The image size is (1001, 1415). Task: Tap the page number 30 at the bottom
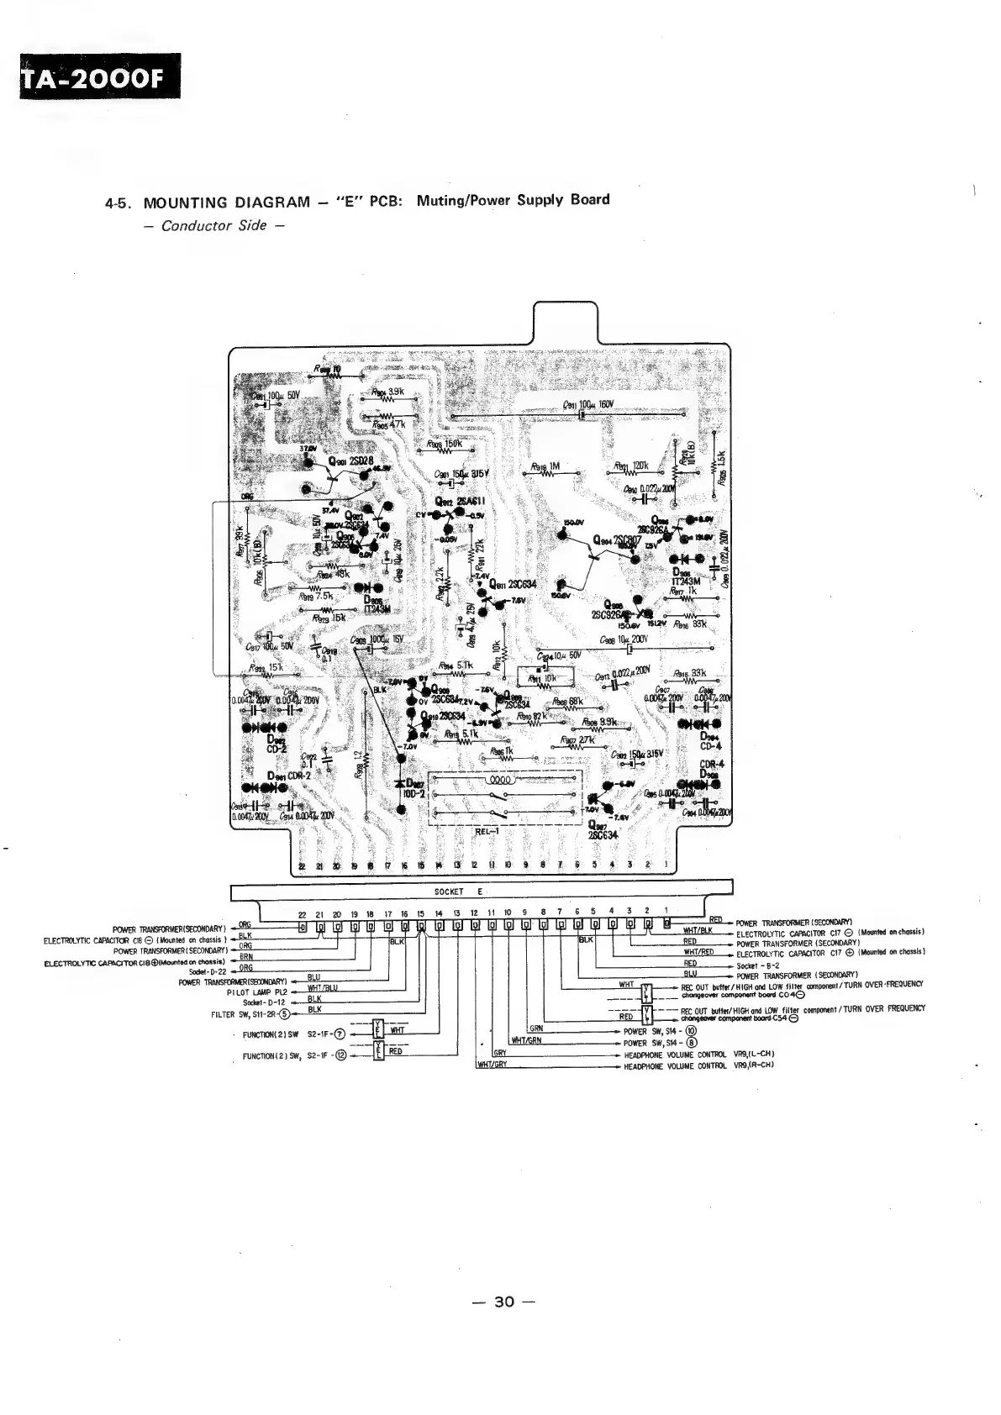pos(503,1302)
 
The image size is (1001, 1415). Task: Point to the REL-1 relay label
pos(488,832)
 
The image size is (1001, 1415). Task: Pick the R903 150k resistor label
pos(442,444)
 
